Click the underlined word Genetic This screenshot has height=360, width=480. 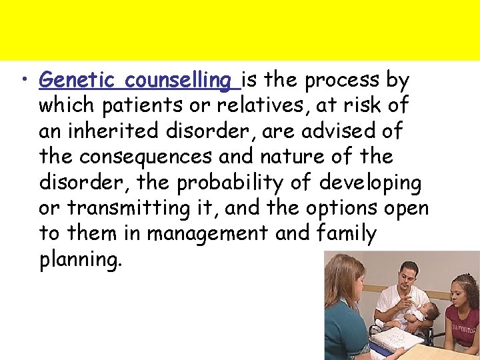tap(79, 80)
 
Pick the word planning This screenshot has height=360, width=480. tap(81, 259)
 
